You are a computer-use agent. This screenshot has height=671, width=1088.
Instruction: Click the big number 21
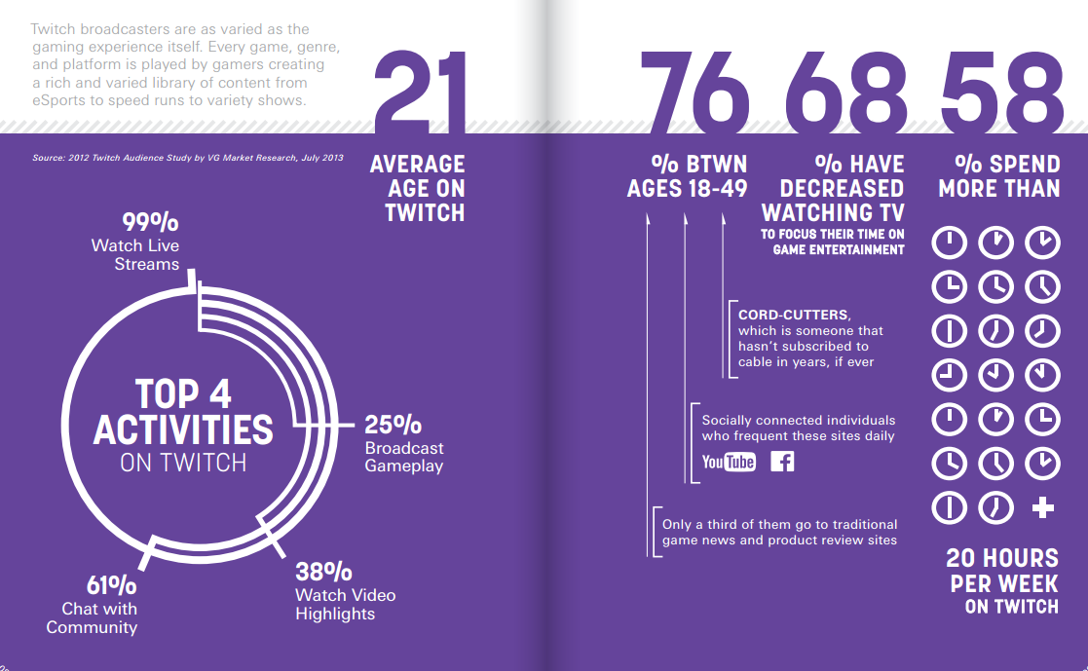click(x=420, y=93)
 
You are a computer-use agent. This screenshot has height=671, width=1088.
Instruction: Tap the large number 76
click(x=694, y=93)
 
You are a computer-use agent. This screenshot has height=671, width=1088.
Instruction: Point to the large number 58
click(x=1001, y=93)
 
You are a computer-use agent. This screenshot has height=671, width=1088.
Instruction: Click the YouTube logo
click(x=729, y=461)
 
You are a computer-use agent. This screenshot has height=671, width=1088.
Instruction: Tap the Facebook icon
click(x=782, y=461)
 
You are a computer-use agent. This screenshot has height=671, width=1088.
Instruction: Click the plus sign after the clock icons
click(x=1042, y=506)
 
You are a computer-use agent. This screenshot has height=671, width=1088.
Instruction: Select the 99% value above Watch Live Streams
click(x=150, y=223)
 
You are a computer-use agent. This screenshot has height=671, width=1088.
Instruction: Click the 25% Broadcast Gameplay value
click(x=393, y=425)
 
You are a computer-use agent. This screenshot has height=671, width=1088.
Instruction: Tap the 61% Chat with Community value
click(x=110, y=585)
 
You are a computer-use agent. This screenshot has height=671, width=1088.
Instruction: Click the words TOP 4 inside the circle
click(x=183, y=393)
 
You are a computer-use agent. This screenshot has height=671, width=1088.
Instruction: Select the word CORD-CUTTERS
click(x=794, y=315)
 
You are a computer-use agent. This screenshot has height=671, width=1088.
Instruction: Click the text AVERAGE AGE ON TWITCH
click(x=418, y=188)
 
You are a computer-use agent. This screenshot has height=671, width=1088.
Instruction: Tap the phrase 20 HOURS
click(x=1002, y=558)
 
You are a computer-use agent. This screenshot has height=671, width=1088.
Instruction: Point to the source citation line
click(x=188, y=157)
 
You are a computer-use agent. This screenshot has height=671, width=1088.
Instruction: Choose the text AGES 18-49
click(x=687, y=188)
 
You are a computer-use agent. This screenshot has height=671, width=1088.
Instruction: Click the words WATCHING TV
click(x=833, y=211)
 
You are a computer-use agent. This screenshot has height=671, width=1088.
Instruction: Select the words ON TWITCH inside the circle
click(x=183, y=463)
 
